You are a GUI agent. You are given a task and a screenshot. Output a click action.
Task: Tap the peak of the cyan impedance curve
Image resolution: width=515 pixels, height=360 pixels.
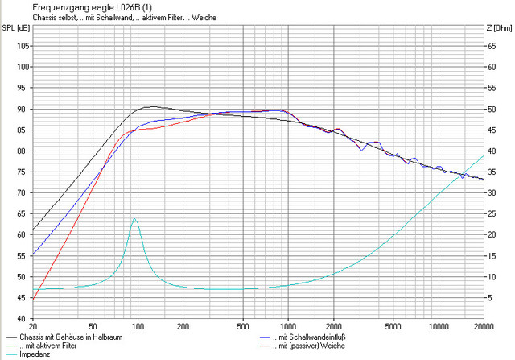pyautogui.click(x=134, y=218)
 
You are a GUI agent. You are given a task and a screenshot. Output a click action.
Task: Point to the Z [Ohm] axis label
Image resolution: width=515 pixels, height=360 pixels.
pyautogui.click(x=500, y=27)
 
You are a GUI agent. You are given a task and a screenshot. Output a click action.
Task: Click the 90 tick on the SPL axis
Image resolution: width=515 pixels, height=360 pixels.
pyautogui.click(x=22, y=109)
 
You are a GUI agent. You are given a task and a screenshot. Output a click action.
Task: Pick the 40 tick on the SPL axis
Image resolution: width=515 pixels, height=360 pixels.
pyautogui.click(x=22, y=318)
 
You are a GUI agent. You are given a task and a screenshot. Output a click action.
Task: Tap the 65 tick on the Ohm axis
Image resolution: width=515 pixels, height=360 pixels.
pyautogui.click(x=492, y=46)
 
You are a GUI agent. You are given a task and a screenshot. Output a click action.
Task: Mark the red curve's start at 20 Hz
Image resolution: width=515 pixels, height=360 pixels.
pyautogui.click(x=33, y=300)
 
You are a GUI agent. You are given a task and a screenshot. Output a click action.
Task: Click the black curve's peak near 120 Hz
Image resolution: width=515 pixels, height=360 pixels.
pyautogui.click(x=151, y=106)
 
